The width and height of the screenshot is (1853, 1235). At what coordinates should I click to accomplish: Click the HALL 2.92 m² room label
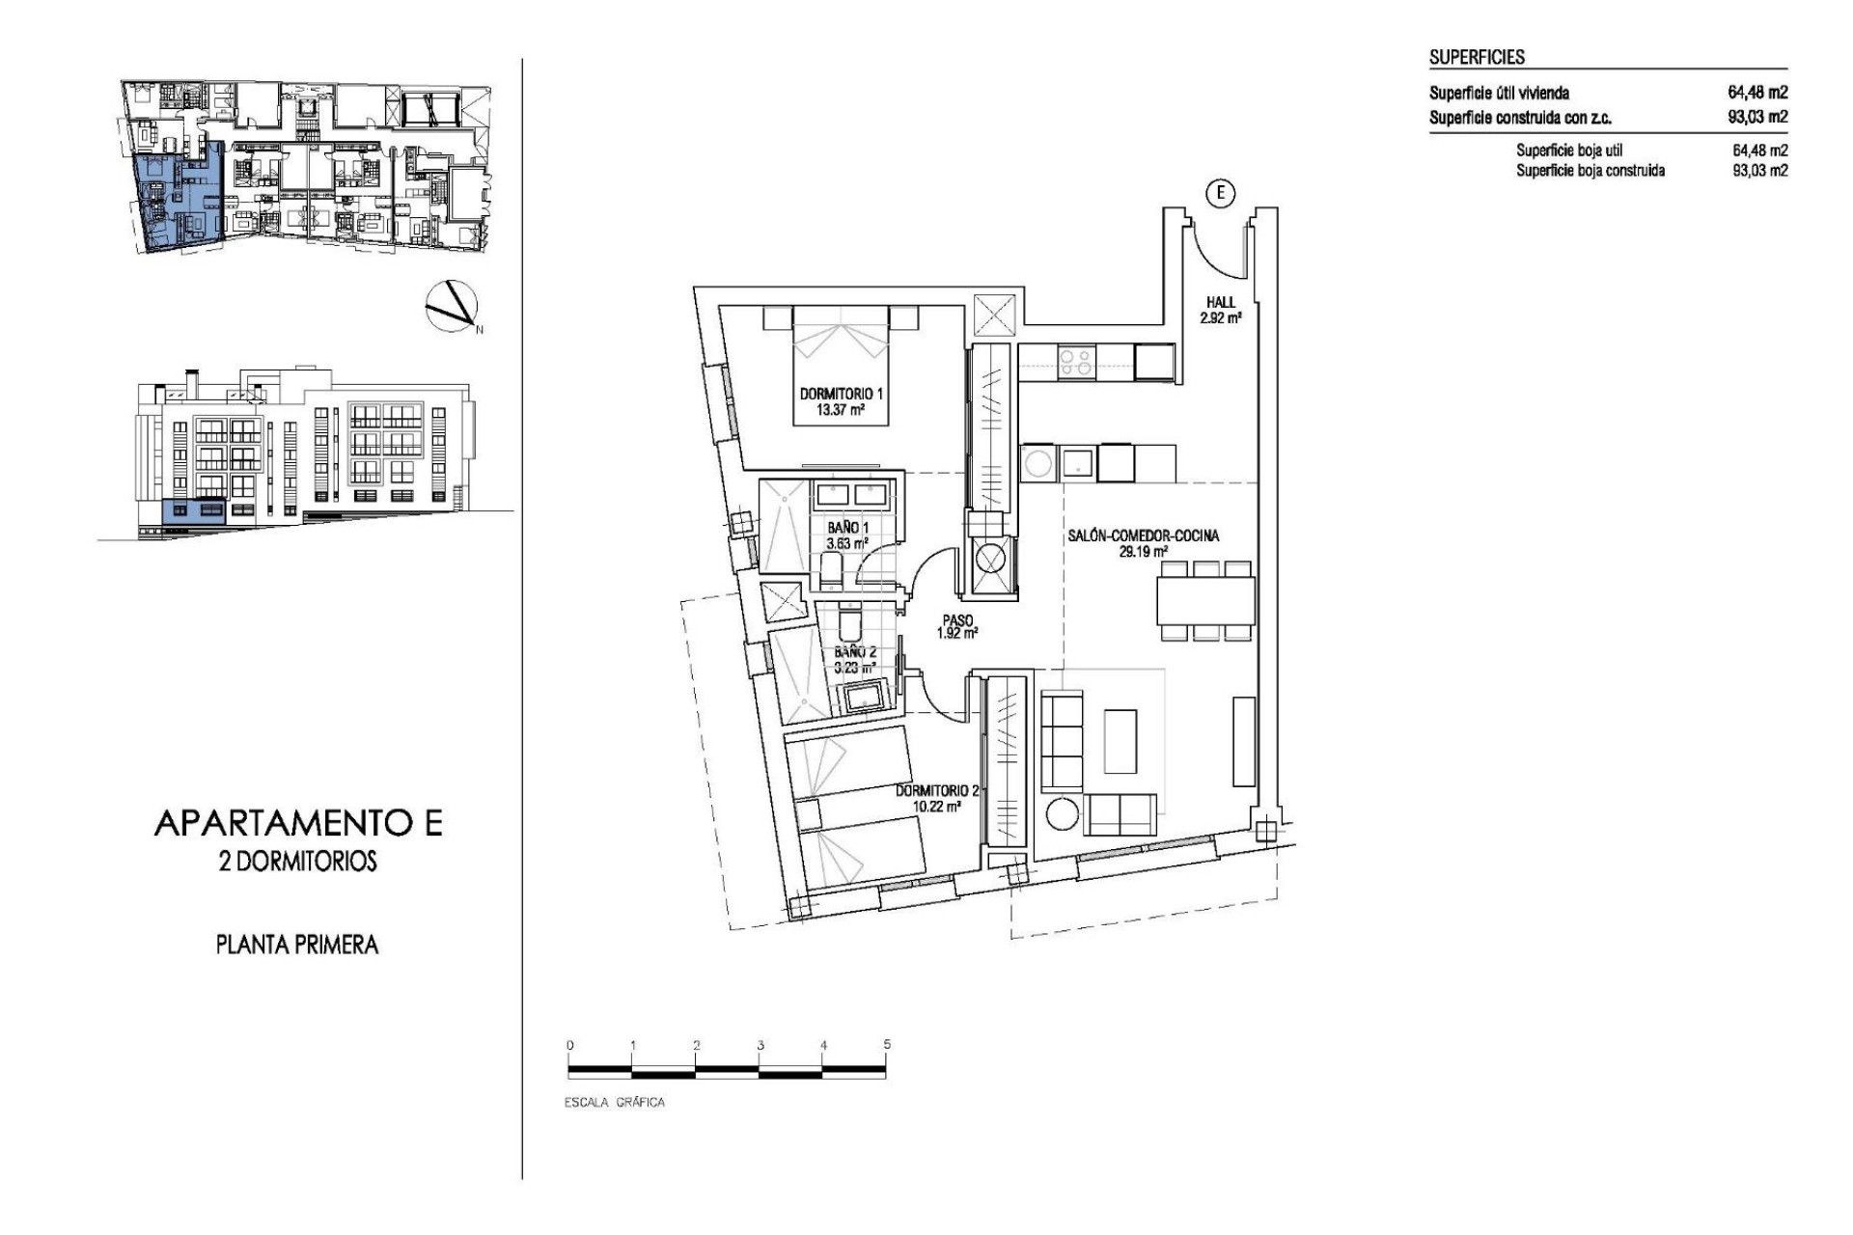(x=1220, y=309)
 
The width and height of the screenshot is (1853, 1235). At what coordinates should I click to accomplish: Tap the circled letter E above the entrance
(x=1221, y=194)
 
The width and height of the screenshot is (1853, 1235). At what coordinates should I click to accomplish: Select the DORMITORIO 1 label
(x=841, y=401)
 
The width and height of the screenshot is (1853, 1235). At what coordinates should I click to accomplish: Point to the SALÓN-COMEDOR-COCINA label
(x=1143, y=543)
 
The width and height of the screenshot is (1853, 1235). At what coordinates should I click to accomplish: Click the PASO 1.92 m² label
(x=957, y=627)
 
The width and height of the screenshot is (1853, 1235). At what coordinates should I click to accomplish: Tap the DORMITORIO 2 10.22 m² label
(x=936, y=798)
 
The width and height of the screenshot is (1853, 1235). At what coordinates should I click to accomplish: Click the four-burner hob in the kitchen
(x=1075, y=362)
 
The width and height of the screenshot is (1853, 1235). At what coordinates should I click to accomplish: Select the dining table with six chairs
(x=1205, y=601)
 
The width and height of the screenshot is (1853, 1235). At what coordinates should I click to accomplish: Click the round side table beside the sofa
(x=1063, y=813)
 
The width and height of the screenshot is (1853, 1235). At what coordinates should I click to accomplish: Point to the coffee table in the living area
(x=1120, y=741)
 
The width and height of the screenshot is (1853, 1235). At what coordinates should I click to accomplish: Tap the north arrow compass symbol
(x=451, y=306)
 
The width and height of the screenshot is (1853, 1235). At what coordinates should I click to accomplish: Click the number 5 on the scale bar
(x=886, y=1044)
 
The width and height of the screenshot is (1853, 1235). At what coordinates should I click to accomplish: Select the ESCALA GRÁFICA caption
(x=614, y=1102)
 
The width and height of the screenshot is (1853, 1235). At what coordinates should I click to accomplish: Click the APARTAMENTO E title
(x=297, y=823)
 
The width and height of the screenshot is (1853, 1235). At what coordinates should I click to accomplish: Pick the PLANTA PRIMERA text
(x=296, y=945)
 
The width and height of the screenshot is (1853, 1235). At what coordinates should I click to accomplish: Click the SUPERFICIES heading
(x=1477, y=57)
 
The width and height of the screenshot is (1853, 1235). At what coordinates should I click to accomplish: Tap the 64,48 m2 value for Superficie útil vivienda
(x=1756, y=93)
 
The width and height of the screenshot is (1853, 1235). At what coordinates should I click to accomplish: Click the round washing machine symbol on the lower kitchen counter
(x=1038, y=463)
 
